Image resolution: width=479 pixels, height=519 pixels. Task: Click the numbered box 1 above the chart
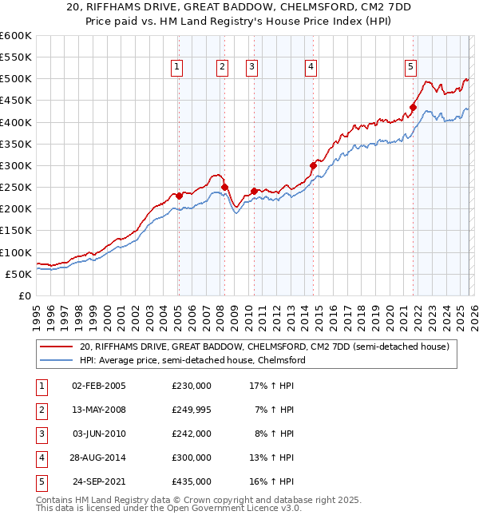point(176,68)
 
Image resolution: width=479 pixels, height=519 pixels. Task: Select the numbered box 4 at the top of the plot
point(310,68)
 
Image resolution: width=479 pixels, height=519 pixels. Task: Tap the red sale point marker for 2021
point(414,107)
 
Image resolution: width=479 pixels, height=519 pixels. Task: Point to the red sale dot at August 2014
point(313,165)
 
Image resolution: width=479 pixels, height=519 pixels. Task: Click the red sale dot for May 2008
point(224,187)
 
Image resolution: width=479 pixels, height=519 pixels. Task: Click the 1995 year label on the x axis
point(37,311)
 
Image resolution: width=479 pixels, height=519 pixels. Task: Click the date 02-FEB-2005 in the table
point(98,386)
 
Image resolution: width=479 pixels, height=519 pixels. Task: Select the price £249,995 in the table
point(192,410)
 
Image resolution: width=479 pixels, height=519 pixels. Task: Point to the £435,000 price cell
point(192,481)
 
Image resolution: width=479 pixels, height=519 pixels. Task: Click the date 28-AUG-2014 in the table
point(98,458)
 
